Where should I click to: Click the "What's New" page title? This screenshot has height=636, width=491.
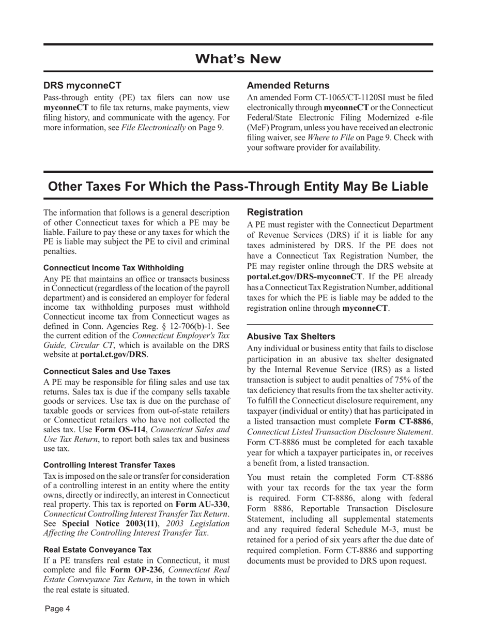238,59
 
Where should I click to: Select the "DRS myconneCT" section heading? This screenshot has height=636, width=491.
82,85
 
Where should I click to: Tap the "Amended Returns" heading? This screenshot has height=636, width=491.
288,85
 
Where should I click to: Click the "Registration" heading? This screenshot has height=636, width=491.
275,212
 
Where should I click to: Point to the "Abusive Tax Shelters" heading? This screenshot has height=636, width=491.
291,336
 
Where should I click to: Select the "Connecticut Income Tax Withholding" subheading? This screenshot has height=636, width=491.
113,268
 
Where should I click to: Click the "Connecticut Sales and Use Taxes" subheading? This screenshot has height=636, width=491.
106,371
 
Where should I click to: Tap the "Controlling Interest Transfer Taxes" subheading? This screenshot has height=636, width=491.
109,465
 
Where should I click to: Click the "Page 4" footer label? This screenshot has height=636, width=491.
57,609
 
